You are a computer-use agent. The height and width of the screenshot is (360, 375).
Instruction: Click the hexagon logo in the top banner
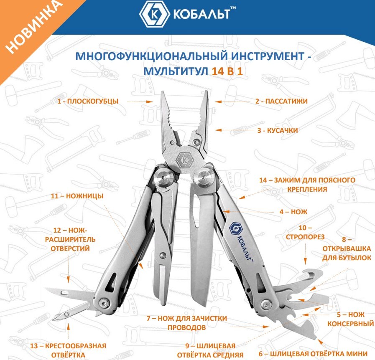(155, 15)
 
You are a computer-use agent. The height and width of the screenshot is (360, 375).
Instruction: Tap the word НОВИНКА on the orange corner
(33, 26)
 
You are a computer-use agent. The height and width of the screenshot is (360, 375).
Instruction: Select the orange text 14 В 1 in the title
(227, 71)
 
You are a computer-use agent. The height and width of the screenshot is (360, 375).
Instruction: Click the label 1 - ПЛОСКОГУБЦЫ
(88, 101)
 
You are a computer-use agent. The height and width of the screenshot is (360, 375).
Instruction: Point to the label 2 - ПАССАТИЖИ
(281, 101)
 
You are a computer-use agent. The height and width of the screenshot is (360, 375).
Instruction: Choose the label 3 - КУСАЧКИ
(278, 130)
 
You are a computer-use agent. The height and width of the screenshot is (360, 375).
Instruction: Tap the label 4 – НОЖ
(293, 212)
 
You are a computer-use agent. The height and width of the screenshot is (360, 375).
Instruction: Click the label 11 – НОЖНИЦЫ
(77, 196)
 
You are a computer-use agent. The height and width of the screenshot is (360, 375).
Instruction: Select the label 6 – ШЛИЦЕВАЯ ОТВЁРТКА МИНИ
(313, 354)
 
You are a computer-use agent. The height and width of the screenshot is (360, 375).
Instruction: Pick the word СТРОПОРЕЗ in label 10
(305, 237)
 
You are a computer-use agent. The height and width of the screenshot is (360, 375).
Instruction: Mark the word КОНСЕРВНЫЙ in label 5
(350, 324)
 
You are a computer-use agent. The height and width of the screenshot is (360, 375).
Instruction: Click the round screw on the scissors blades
(163, 255)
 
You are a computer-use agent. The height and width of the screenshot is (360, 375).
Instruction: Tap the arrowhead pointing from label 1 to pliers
(150, 102)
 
